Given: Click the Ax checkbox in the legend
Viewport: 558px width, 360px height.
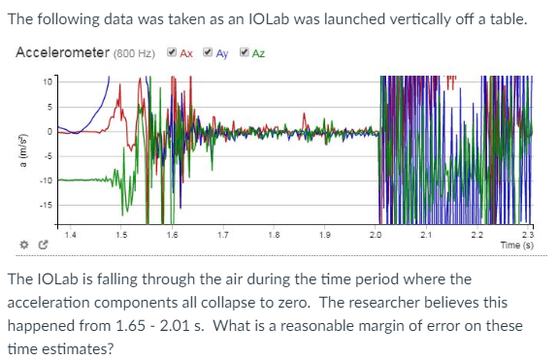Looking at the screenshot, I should coord(172,52).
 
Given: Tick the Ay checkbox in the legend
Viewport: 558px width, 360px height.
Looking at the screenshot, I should coord(209,52).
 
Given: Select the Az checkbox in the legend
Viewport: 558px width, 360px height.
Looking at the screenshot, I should coord(244,52).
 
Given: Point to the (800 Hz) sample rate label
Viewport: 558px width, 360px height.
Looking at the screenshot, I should coord(136,53).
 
